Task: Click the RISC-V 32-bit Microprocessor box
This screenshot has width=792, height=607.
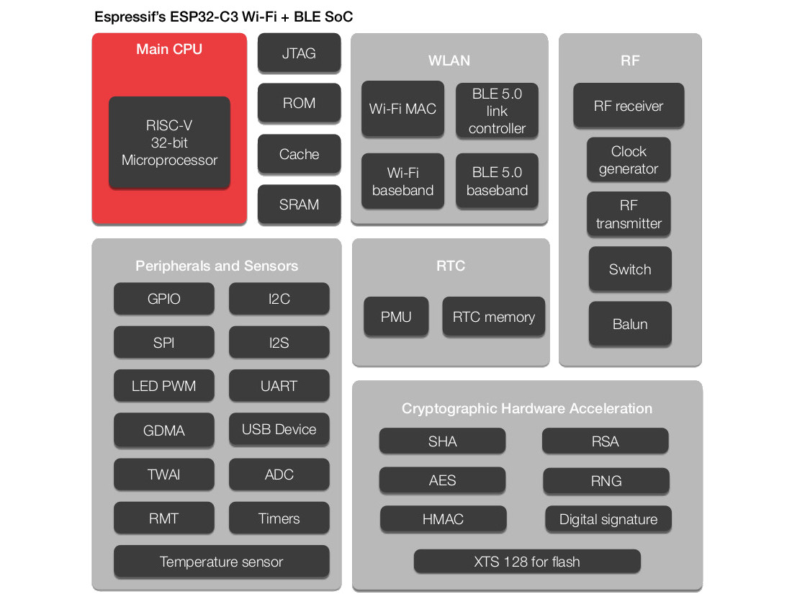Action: (169, 143)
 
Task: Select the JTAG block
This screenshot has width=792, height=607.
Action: (299, 53)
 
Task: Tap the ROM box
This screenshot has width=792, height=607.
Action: (299, 103)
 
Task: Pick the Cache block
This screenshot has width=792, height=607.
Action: (299, 154)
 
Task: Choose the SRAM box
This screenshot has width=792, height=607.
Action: (299, 204)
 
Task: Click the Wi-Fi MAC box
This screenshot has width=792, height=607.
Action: (402, 109)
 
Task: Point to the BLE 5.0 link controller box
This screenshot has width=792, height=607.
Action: (497, 111)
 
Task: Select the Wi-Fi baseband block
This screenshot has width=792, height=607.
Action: (402, 181)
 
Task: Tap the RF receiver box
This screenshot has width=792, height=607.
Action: (629, 106)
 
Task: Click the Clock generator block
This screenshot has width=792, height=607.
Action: (629, 160)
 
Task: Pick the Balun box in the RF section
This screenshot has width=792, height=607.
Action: (630, 324)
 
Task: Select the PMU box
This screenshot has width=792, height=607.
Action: (396, 317)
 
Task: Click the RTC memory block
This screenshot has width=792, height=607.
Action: (494, 317)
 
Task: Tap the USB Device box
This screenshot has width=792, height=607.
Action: (279, 430)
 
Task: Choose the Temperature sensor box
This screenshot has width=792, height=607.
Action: (221, 562)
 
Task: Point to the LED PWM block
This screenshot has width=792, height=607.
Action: (163, 386)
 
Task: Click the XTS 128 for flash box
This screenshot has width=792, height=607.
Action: (527, 562)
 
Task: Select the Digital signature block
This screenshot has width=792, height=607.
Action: (608, 519)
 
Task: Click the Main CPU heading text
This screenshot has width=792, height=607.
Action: (169, 50)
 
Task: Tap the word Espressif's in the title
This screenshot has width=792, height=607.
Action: (126, 17)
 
